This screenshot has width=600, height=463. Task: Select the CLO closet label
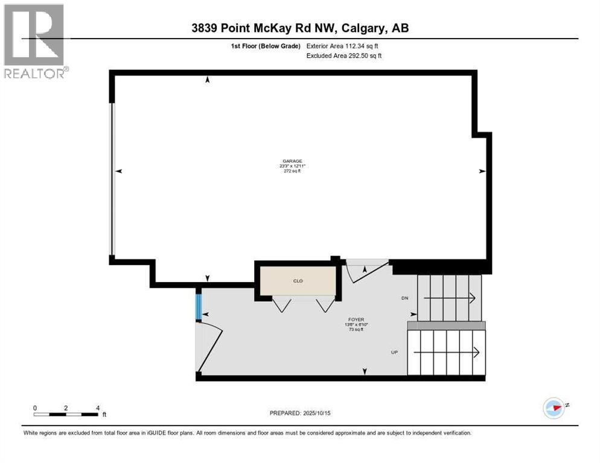point(297,281)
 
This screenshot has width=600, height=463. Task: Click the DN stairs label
point(405,298)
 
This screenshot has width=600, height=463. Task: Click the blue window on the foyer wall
point(198,306)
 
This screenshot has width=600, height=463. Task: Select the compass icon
point(554,408)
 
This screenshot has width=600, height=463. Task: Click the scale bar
point(66,414)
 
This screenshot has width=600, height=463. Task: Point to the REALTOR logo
point(35,41)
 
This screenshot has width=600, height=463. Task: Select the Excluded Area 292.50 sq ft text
point(344,55)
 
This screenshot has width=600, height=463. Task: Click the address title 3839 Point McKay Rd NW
point(300,28)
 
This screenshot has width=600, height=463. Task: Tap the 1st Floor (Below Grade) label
point(266,46)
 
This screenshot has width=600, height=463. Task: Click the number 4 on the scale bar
point(97,408)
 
